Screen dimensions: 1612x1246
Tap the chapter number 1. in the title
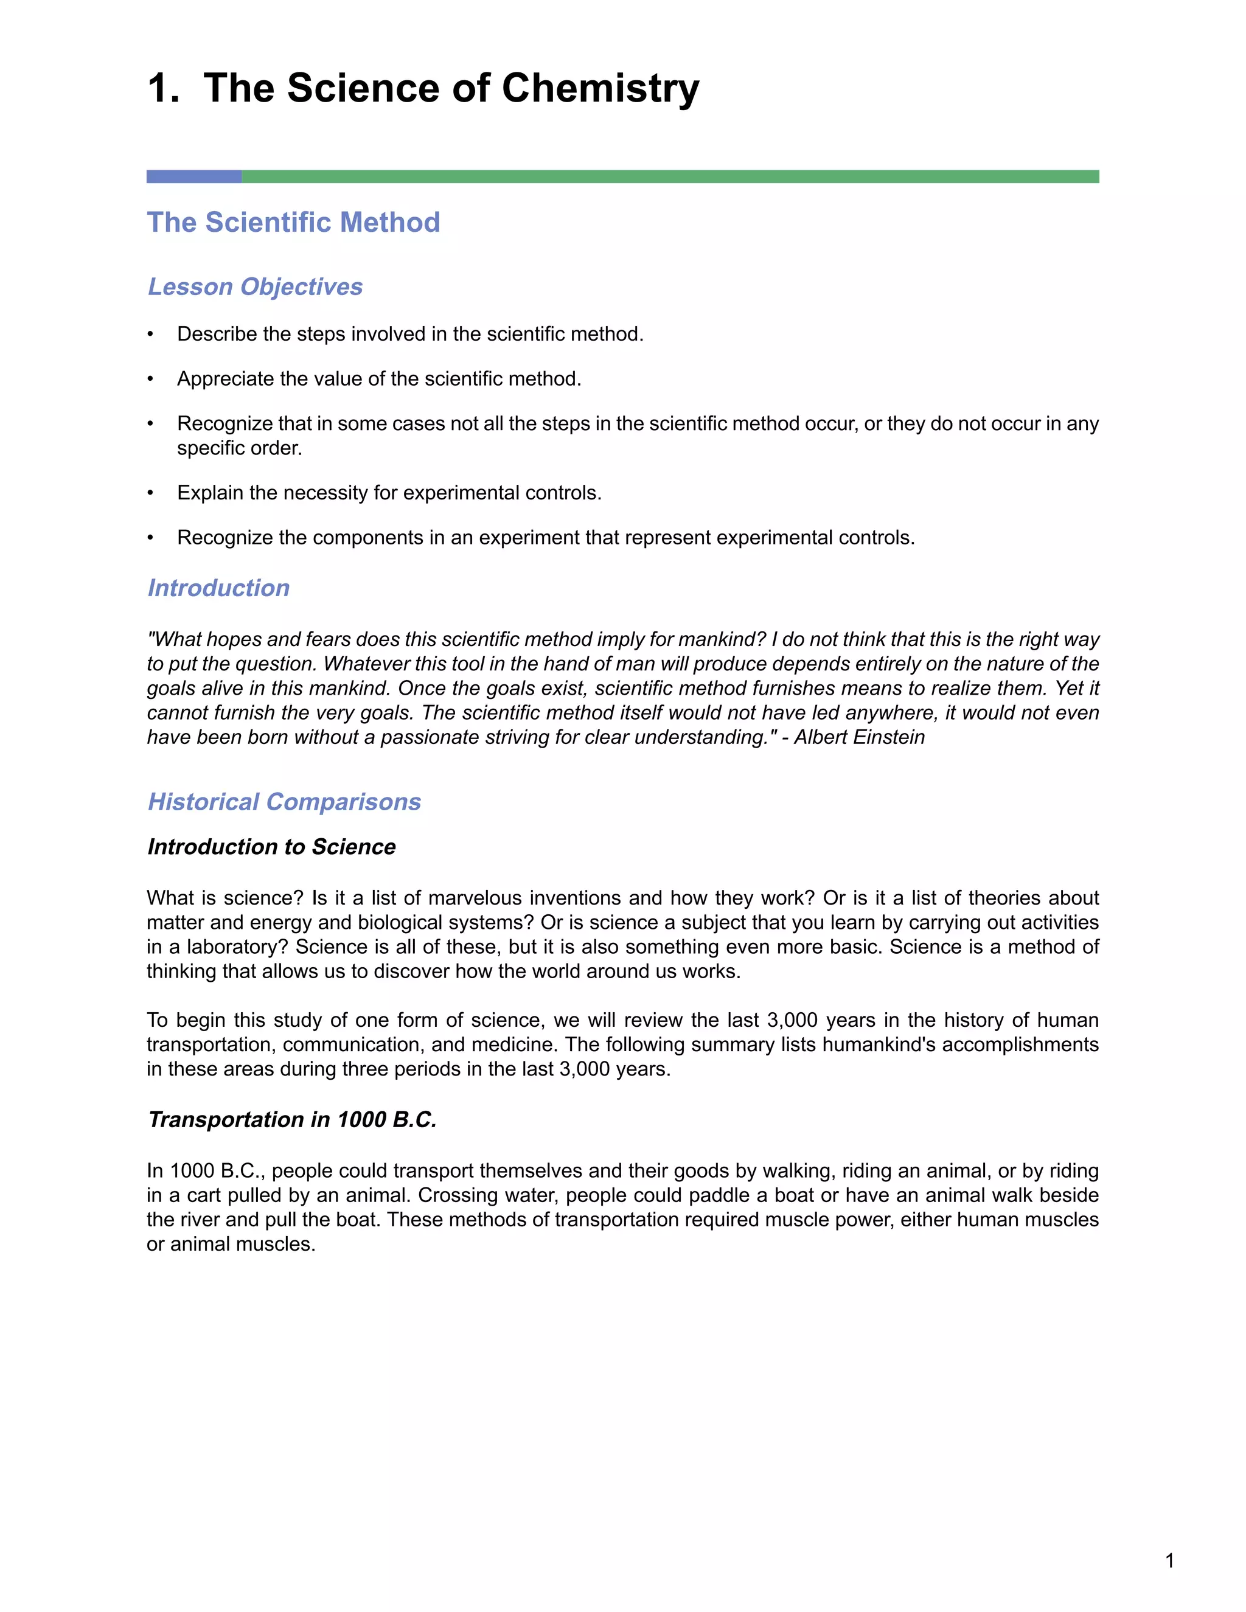[163, 89]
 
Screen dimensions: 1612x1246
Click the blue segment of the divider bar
[193, 176]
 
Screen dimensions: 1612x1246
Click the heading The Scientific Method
[293, 222]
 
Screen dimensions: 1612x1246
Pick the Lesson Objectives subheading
[255, 287]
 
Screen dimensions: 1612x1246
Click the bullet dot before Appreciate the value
[151, 380]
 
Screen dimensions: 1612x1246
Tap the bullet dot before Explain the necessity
[151, 493]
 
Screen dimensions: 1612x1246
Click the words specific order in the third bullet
[239, 448]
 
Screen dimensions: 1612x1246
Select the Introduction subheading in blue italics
[218, 588]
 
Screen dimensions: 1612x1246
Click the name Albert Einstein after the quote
[859, 737]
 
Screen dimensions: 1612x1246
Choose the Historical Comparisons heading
[284, 802]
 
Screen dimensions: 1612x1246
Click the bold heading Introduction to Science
[271, 847]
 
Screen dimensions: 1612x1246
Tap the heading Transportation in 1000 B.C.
[292, 1120]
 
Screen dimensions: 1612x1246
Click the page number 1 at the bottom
[1169, 1560]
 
